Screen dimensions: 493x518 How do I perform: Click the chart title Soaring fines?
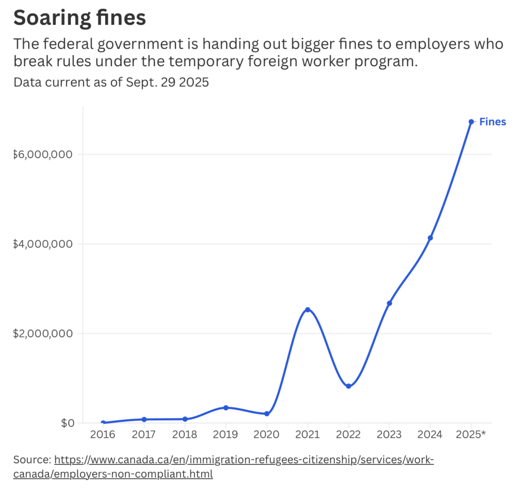[x=79, y=18]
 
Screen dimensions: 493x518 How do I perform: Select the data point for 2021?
[x=308, y=310]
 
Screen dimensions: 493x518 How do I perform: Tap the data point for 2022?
[x=349, y=386]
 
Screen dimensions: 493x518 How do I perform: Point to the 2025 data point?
[x=471, y=122]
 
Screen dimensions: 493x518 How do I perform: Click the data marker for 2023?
[x=390, y=303]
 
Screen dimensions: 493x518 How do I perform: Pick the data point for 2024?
[x=430, y=238]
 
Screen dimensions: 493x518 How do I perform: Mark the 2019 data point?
[x=226, y=408]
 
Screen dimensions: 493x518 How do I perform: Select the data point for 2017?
[x=144, y=419]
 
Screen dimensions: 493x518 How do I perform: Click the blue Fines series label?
[x=492, y=122]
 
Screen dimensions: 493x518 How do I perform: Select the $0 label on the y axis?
[x=67, y=423]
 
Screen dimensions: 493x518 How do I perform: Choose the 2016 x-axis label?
[x=103, y=434]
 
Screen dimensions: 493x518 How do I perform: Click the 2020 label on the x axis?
[x=267, y=434]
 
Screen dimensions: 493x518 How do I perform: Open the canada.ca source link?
[x=243, y=460]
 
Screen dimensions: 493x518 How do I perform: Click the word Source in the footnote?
[x=31, y=460]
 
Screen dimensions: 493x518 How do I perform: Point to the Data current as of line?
[x=111, y=82]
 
